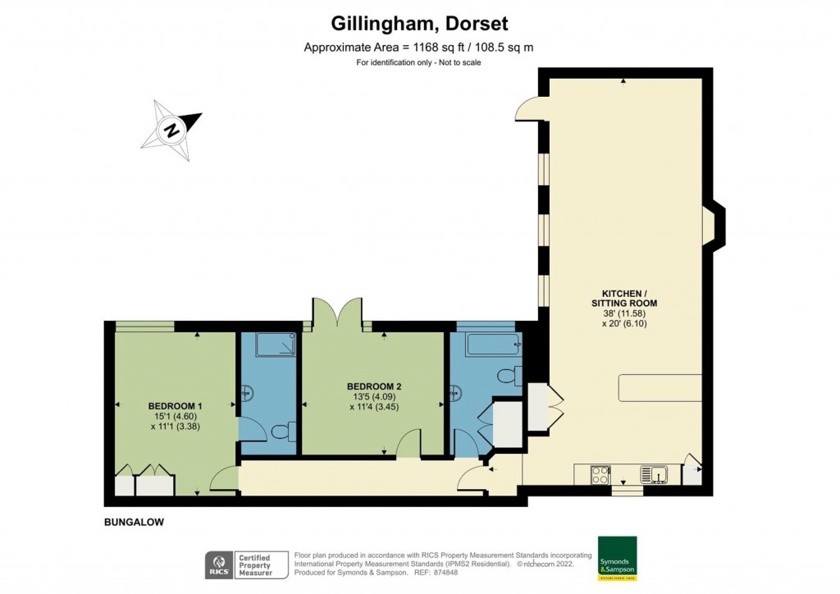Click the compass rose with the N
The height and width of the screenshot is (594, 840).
pos(173,129)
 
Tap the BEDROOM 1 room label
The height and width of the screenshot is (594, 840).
pos(175,406)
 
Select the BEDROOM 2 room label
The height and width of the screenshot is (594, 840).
pos(373,386)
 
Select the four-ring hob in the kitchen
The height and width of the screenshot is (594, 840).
pos(600,474)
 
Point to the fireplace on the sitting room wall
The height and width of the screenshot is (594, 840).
pos(714,226)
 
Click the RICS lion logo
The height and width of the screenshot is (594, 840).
pos(218,565)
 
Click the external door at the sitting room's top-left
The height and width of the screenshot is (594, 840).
pos(529,107)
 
